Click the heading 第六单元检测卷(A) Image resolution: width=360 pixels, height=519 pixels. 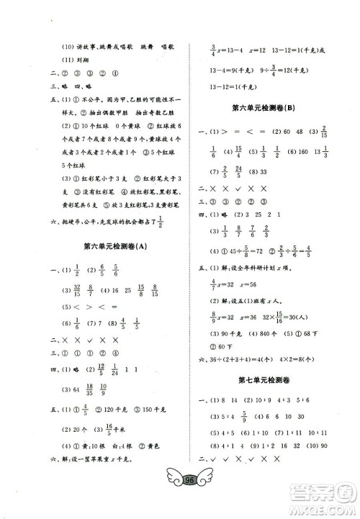coord(115,248)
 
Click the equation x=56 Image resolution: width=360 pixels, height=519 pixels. coord(251,284)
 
